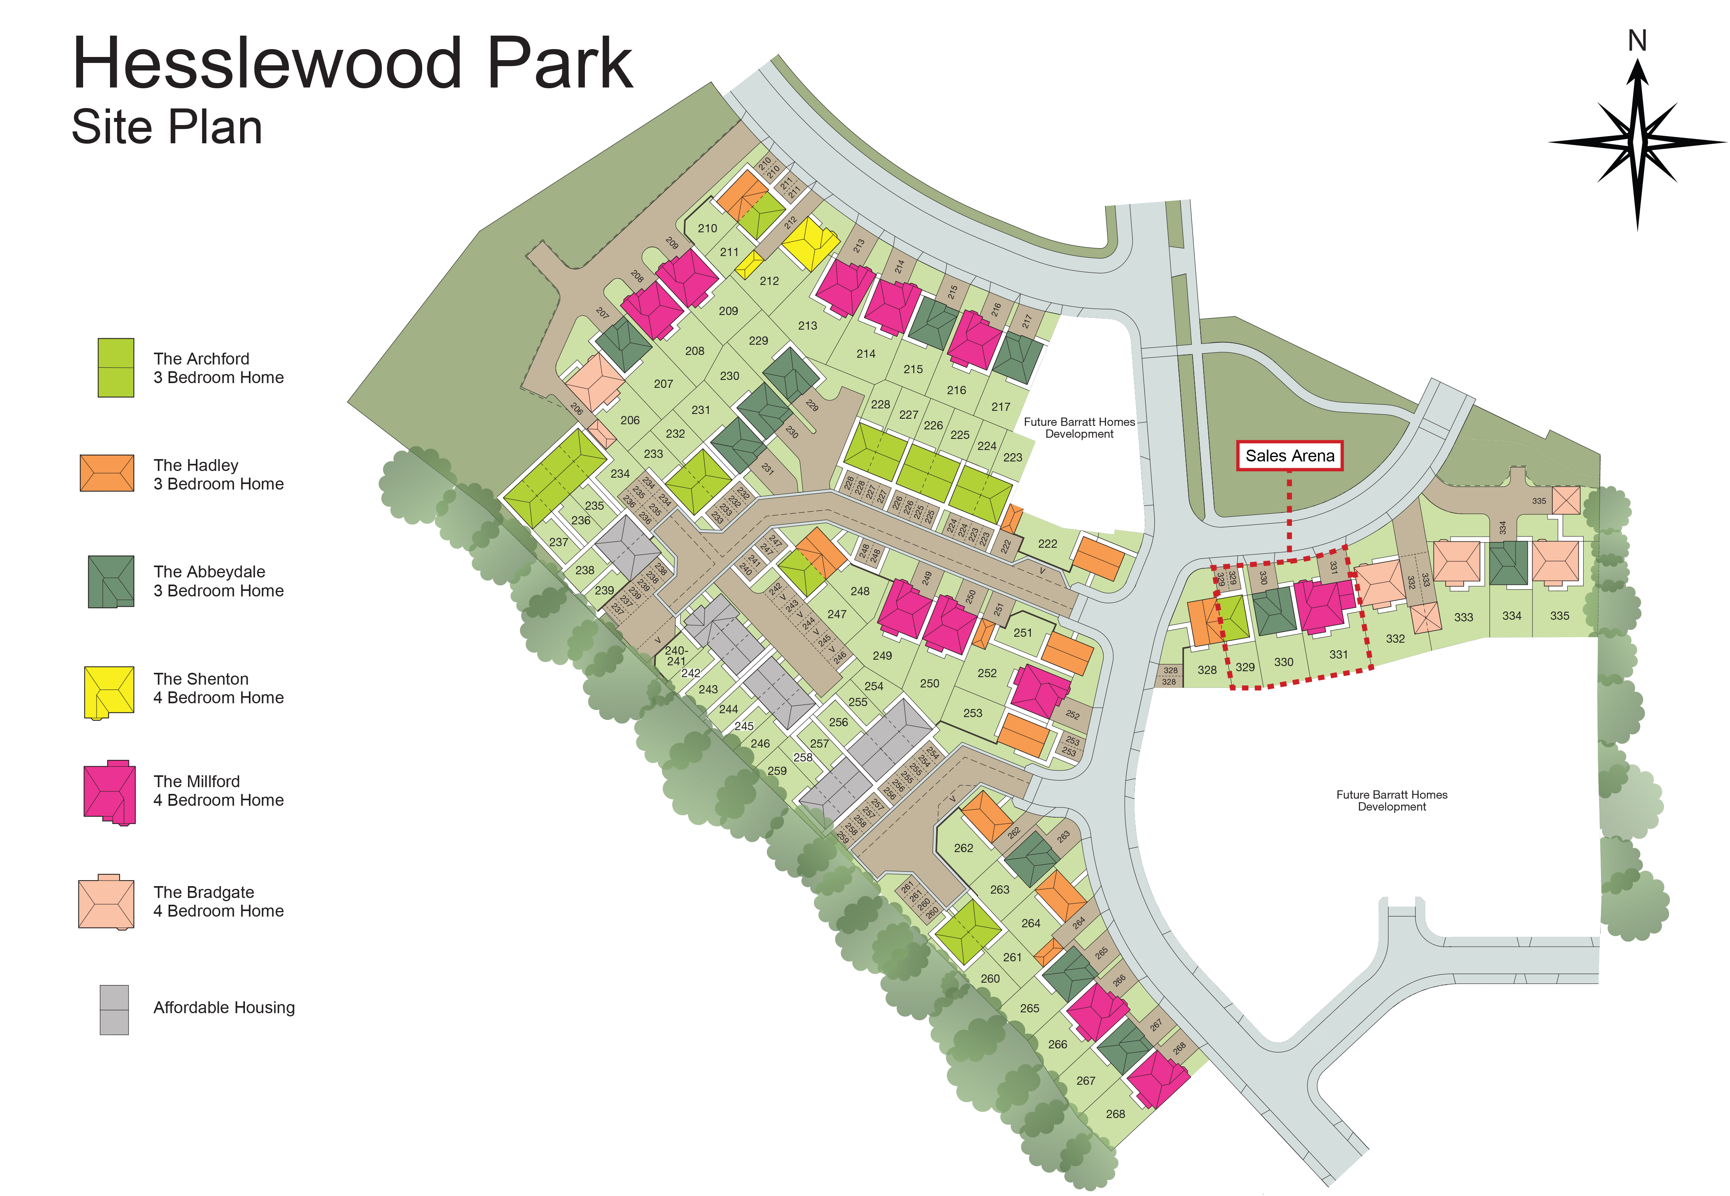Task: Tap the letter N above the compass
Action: click(1637, 41)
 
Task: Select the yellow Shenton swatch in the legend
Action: click(109, 692)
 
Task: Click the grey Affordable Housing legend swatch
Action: click(114, 1010)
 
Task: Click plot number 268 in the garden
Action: click(1115, 1114)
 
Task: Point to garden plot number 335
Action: click(1559, 615)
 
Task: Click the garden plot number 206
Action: click(630, 420)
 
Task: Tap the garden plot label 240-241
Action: click(676, 656)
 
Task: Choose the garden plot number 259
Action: click(777, 771)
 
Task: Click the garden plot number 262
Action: click(964, 848)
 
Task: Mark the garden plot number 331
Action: click(1338, 654)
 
